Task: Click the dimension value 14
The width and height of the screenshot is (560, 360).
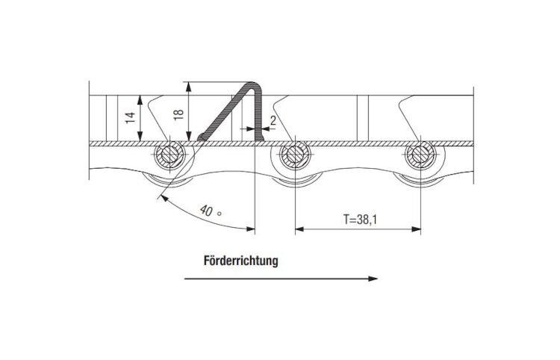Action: point(131,118)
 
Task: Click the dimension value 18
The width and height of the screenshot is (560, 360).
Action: point(178,114)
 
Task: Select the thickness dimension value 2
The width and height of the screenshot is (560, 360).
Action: point(273,120)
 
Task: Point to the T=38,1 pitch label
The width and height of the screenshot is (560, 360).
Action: point(360,219)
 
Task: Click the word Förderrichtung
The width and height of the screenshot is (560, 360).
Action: point(240,261)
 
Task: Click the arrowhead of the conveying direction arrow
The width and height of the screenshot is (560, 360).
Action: point(373,279)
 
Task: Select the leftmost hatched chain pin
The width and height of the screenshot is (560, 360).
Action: point(169,155)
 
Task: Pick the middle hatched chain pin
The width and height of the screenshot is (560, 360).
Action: point(295,155)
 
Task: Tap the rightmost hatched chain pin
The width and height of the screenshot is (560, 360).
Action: point(420,155)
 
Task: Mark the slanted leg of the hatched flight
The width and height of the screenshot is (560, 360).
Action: point(225,111)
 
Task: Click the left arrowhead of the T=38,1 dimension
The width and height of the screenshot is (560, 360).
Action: point(299,229)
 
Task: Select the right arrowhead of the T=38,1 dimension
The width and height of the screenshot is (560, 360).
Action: point(417,229)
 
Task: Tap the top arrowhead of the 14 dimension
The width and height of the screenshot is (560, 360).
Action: point(140,100)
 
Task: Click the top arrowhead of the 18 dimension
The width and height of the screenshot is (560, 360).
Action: point(189,87)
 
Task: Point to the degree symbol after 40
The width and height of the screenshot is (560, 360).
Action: point(220,214)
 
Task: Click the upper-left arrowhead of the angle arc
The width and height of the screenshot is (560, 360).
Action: point(164,198)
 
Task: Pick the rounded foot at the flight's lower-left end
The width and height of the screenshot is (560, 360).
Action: point(202,137)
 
